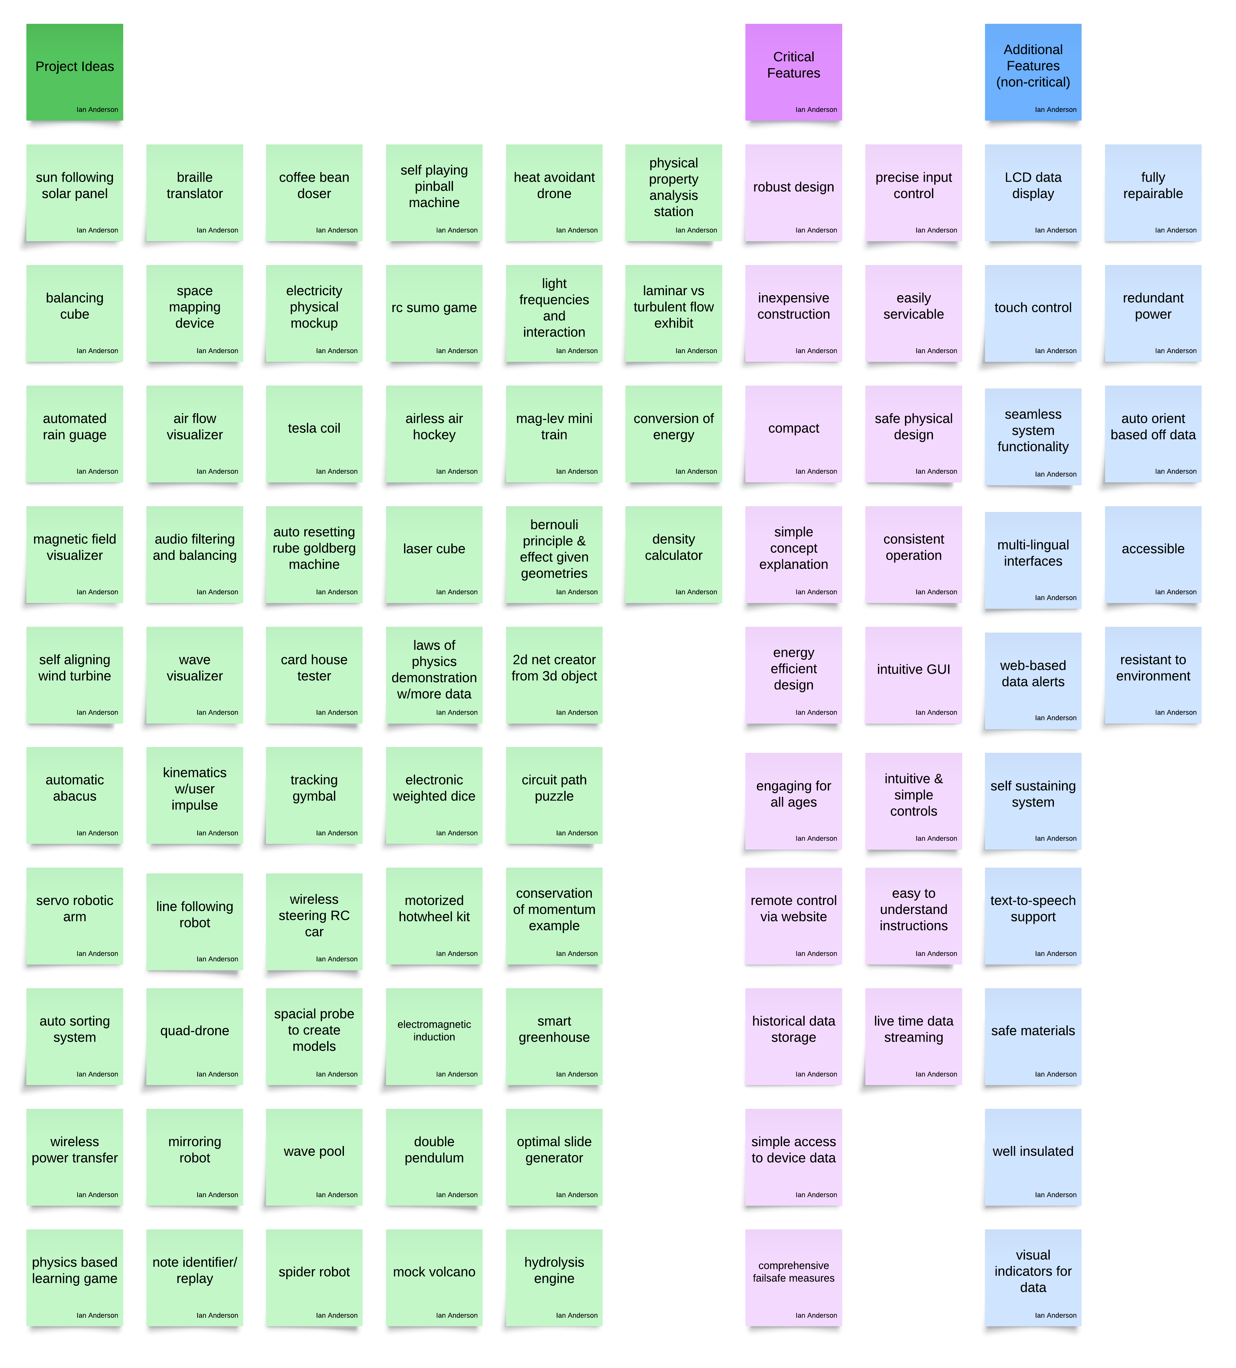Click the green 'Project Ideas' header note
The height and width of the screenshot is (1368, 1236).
[75, 72]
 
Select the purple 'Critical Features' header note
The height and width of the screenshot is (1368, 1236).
[793, 72]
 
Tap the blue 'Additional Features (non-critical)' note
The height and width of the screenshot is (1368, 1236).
[1033, 72]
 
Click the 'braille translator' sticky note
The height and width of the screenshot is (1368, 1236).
[195, 192]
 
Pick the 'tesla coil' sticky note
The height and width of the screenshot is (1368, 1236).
[314, 433]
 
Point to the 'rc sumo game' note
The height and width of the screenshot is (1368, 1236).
[434, 313]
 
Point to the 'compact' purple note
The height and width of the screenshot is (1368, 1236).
[793, 433]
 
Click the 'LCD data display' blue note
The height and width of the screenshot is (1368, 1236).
[1033, 192]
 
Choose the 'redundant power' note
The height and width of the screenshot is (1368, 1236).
[1153, 313]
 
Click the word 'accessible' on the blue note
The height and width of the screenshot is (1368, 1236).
[1153, 549]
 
